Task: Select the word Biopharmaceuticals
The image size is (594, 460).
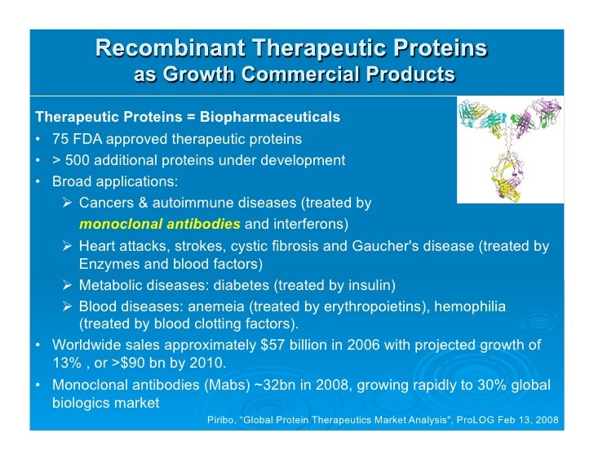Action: coord(270,118)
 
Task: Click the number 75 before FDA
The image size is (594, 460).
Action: coord(61,140)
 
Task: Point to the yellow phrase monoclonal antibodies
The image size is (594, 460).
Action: coord(159,225)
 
